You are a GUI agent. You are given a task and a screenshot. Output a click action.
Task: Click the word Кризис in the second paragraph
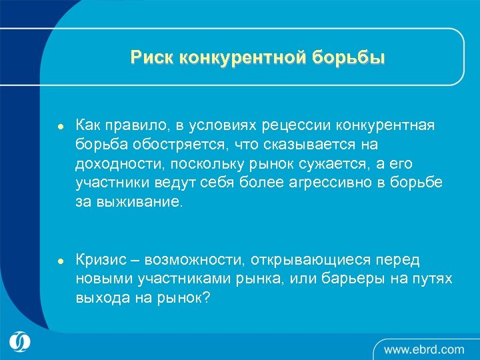(101, 259)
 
